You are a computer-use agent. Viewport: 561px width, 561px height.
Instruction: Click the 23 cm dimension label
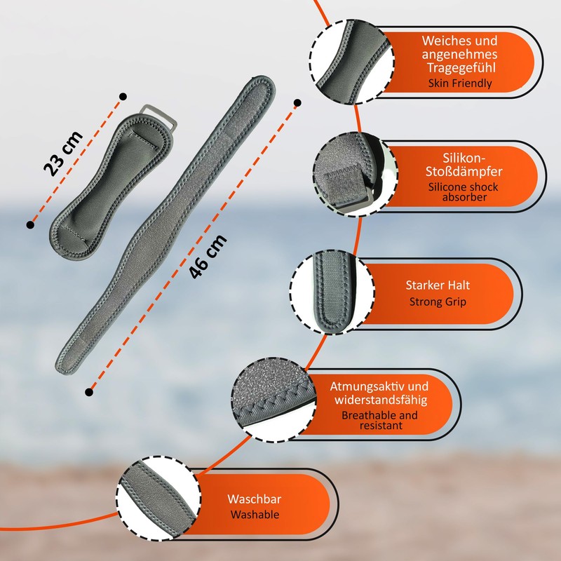[62, 153]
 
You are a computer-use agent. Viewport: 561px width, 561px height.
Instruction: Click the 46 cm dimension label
[209, 256]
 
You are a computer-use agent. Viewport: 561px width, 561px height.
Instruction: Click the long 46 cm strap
[168, 224]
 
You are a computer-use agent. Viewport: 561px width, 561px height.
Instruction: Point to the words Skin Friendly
[460, 83]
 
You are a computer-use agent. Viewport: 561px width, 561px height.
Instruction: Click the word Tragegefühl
[460, 67]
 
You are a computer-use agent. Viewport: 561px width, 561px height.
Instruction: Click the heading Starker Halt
[438, 285]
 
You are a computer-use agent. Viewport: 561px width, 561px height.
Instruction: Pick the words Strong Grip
[438, 302]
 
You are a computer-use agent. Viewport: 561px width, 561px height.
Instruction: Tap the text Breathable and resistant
[379, 420]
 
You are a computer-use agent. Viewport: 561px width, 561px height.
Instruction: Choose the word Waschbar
[253, 499]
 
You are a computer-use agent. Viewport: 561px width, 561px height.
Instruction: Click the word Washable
[253, 515]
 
